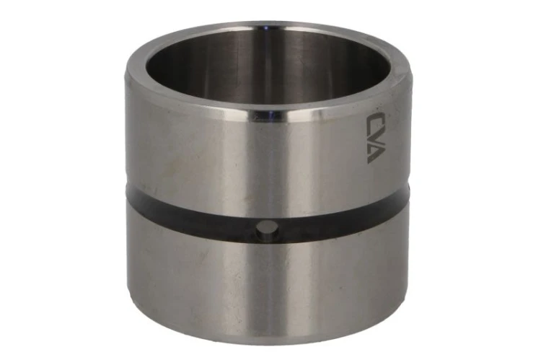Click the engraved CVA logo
click(372, 137)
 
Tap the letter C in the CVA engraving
click(372, 120)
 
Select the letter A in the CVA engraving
click(372, 154)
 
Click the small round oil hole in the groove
click(266, 229)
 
